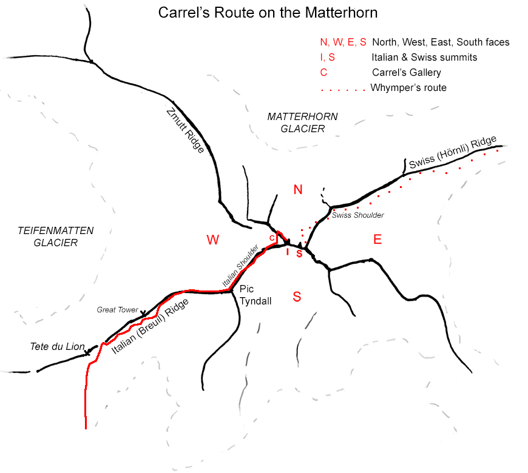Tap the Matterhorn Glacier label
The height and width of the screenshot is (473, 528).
click(303, 122)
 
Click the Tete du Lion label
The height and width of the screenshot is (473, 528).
click(58, 347)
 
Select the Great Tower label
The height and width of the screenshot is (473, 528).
click(118, 309)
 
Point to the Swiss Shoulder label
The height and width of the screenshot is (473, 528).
click(357, 215)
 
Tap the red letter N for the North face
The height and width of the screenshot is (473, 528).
click(298, 190)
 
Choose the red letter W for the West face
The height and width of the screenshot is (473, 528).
click(212, 240)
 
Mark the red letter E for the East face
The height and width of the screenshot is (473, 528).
click(377, 240)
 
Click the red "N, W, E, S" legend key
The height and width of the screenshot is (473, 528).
click(344, 42)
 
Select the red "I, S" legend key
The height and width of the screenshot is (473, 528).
click(328, 58)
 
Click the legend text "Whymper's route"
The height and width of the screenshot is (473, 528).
click(408, 88)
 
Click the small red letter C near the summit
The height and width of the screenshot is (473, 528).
click(272, 237)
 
